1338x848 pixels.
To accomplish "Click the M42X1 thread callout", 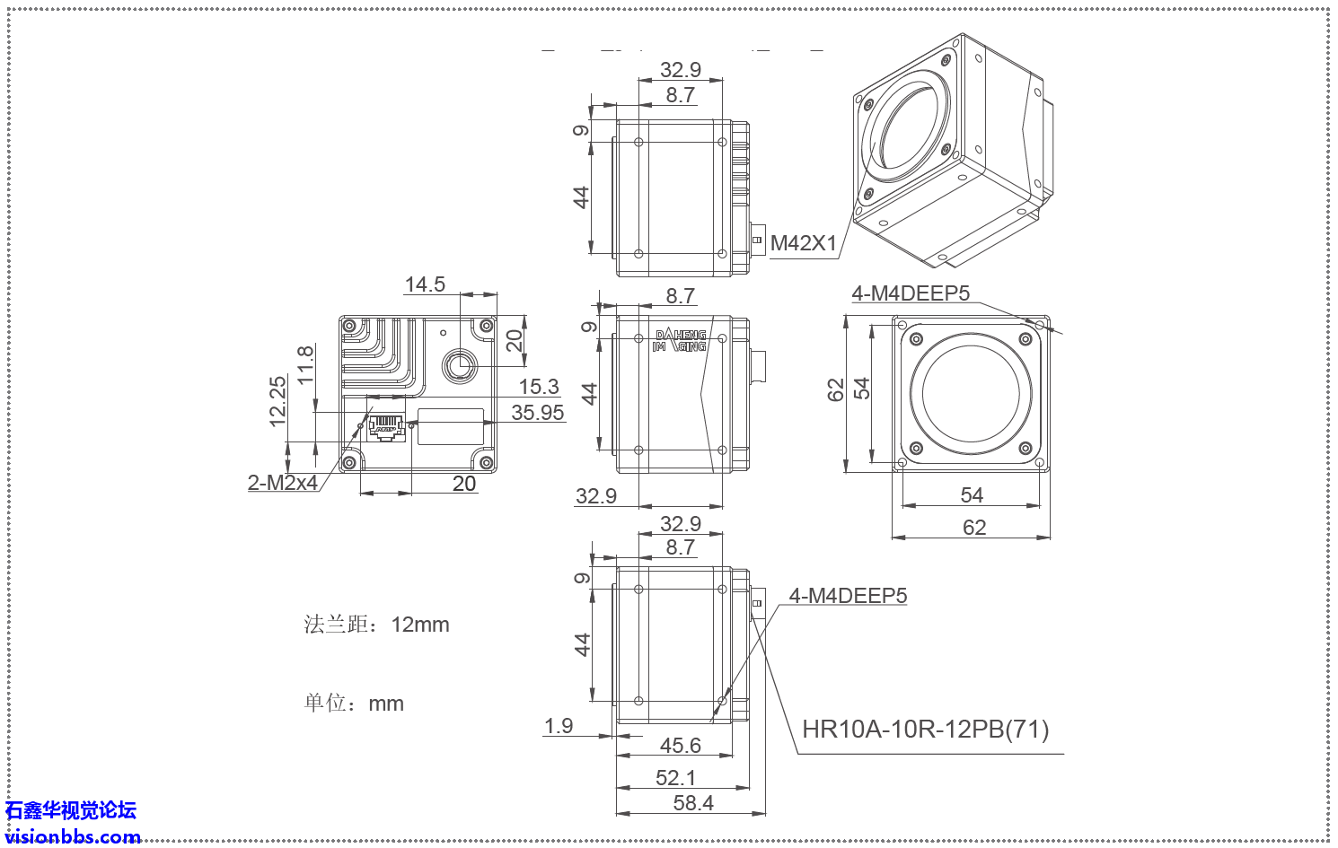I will click(803, 243).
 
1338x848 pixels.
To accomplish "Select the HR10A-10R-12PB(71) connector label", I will click(925, 730).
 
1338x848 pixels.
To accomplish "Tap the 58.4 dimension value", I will click(693, 803).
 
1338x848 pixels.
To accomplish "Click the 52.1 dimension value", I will click(675, 778).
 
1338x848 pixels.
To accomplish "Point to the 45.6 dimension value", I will click(680, 746).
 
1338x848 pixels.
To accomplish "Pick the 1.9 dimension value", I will click(559, 726).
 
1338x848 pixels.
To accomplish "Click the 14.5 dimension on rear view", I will click(425, 284).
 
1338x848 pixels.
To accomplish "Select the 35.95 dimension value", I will click(537, 413).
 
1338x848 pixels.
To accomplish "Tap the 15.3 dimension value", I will click(539, 387).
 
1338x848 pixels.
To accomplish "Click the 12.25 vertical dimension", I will click(277, 401).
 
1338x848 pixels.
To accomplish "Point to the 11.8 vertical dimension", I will click(305, 365).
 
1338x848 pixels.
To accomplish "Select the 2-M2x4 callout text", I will click(283, 483).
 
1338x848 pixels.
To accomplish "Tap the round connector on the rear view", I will click(460, 364).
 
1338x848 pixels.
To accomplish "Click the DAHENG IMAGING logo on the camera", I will click(680, 341).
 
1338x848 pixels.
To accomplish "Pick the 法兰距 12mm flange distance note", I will click(376, 625).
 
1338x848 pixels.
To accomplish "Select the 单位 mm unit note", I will click(354, 704).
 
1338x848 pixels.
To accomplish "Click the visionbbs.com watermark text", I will click(73, 836).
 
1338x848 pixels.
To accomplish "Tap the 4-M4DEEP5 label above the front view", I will click(910, 293).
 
